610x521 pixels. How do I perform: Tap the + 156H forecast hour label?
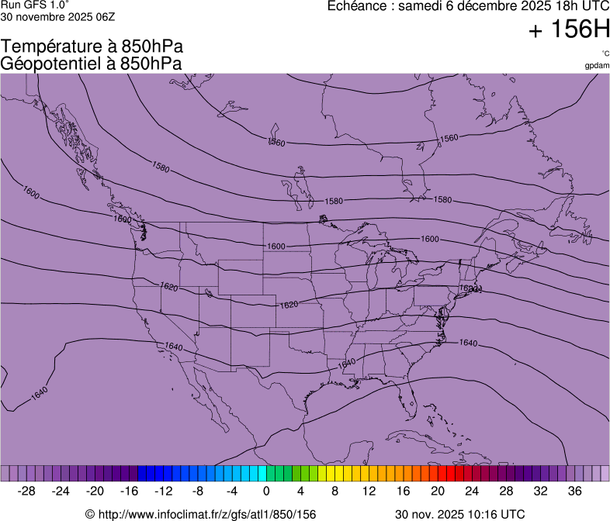[568, 30]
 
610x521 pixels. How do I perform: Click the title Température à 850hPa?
[92, 47]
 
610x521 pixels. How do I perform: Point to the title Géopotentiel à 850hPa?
[92, 64]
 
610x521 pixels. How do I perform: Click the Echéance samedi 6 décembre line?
[469, 6]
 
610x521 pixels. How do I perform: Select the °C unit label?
[605, 53]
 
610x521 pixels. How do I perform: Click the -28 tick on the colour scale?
[27, 491]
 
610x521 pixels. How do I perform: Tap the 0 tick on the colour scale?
[266, 491]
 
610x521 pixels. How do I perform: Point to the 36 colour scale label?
[574, 491]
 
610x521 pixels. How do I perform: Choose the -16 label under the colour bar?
[130, 491]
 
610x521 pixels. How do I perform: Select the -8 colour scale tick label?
[198, 491]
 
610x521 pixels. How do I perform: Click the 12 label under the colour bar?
[369, 491]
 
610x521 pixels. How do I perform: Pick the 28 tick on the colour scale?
[505, 491]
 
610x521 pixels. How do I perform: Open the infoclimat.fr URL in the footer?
[200, 514]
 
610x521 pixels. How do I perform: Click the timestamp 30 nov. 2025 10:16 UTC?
[459, 514]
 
